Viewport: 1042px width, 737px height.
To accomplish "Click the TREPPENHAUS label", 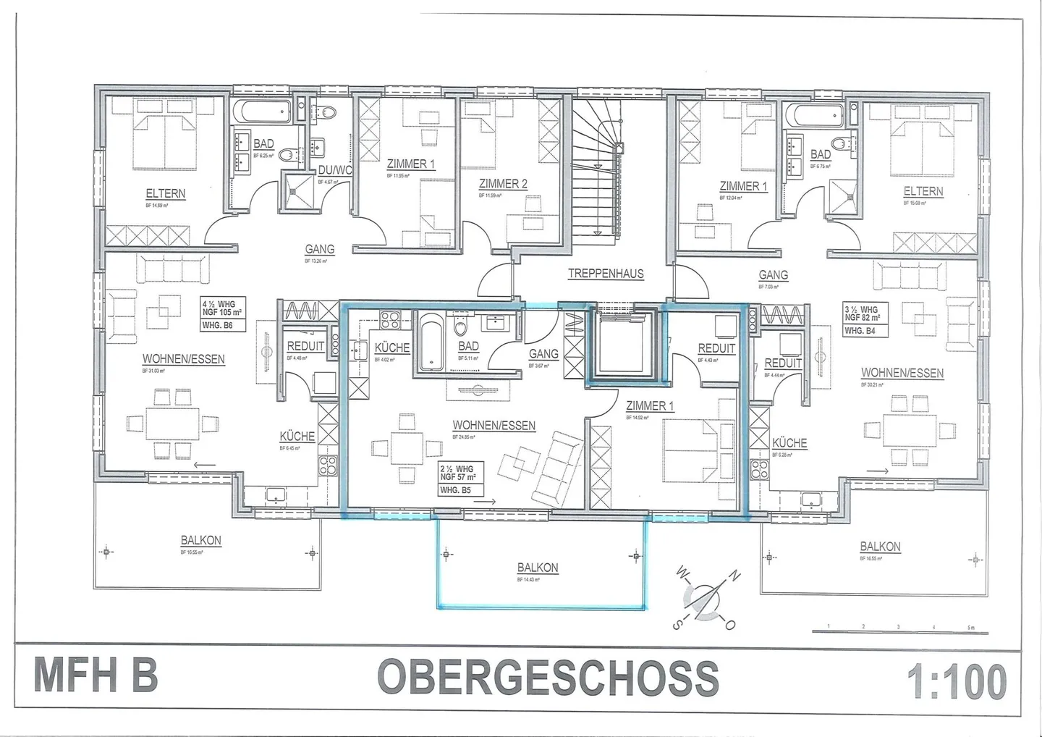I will (605, 274).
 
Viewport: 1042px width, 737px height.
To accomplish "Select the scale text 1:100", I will (956, 681).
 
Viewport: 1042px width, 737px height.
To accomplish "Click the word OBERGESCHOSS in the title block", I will (548, 678).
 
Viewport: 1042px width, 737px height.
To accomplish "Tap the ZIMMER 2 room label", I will (502, 184).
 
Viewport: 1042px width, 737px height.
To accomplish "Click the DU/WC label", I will (334, 170).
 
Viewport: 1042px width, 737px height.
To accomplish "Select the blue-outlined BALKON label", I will (538, 568).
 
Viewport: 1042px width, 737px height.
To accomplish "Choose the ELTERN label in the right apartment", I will (923, 191).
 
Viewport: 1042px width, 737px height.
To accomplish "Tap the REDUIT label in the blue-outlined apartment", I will (716, 348).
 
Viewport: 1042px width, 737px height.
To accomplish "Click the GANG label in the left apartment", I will (319, 249).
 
